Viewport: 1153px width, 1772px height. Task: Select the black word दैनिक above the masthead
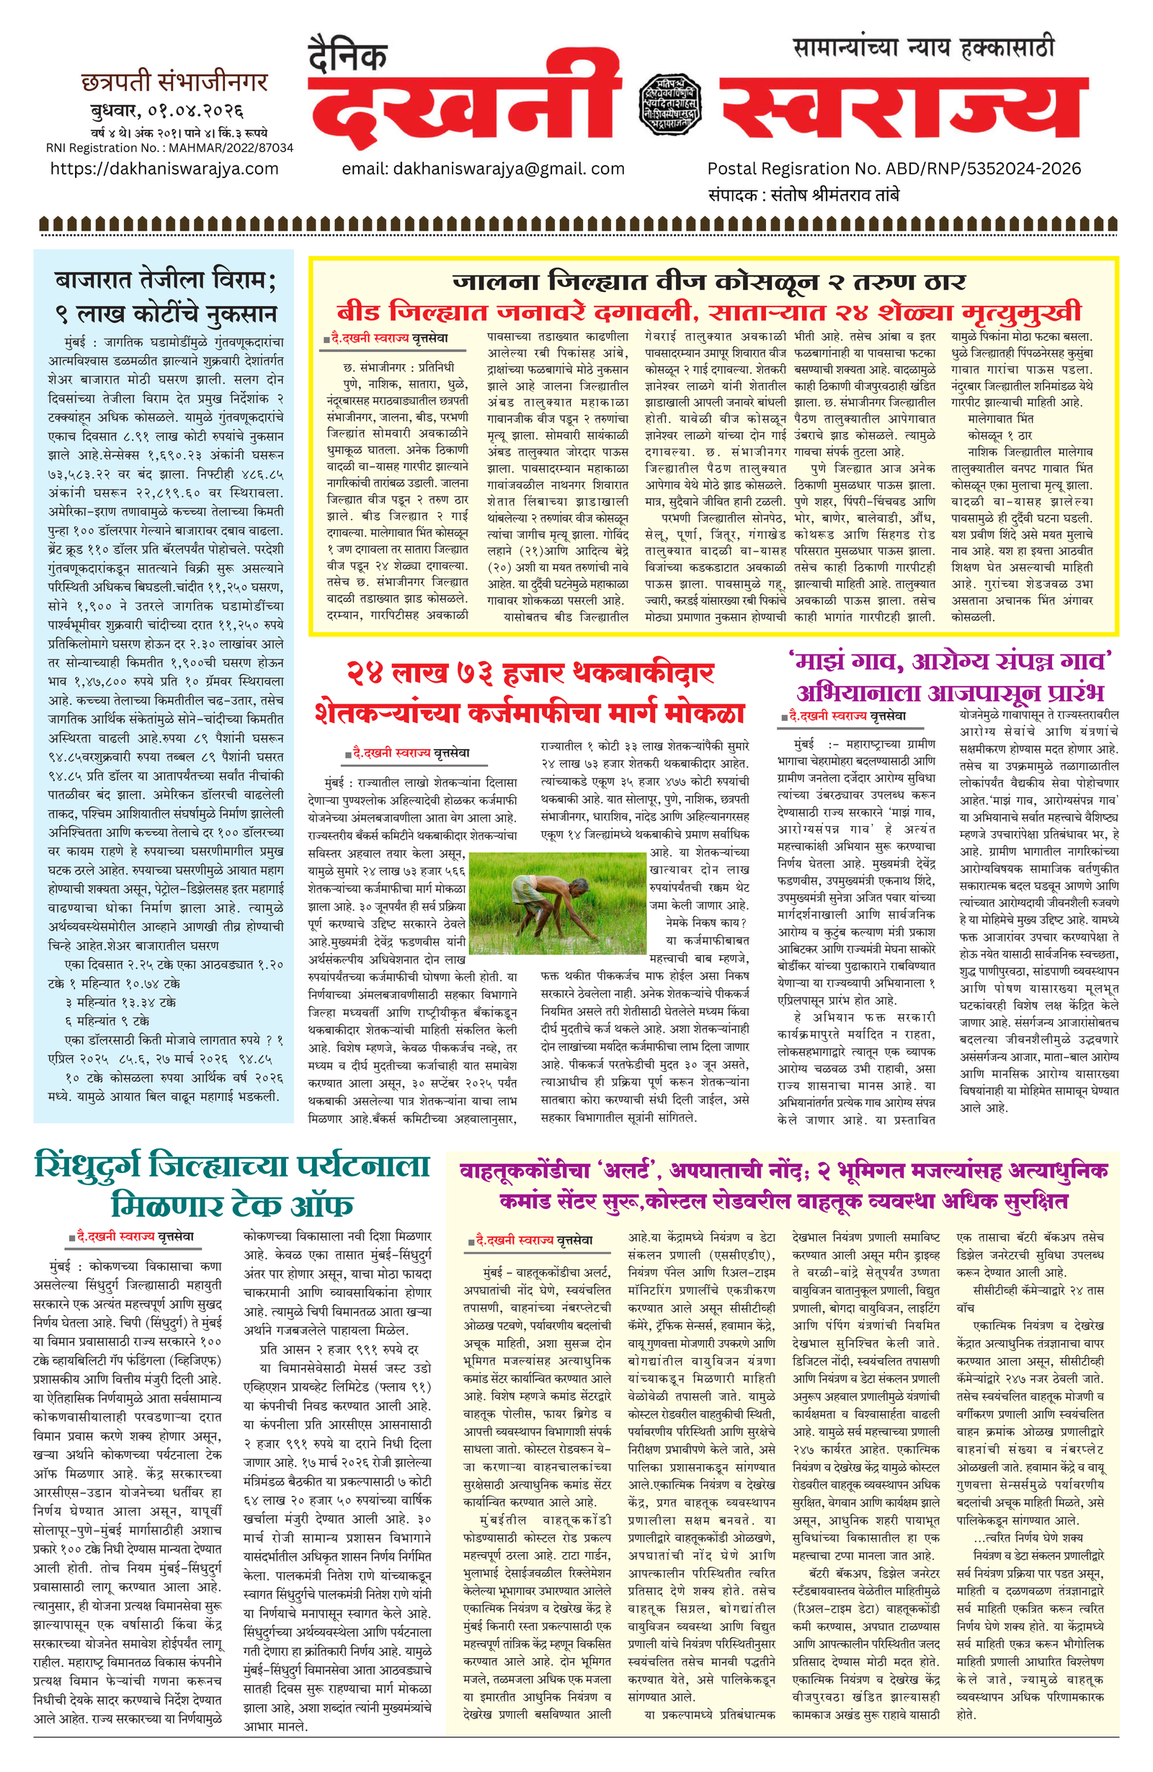347,55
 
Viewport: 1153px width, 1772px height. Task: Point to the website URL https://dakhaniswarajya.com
164,169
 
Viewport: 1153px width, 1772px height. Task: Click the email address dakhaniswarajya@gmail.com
483,169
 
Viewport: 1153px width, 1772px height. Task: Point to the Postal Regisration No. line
894,169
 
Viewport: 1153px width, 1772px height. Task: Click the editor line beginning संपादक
804,196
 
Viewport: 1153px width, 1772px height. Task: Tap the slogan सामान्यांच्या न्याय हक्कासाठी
924,48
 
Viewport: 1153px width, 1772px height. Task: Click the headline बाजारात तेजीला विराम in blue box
165,280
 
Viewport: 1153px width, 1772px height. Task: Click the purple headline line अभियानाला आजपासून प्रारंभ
951,692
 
